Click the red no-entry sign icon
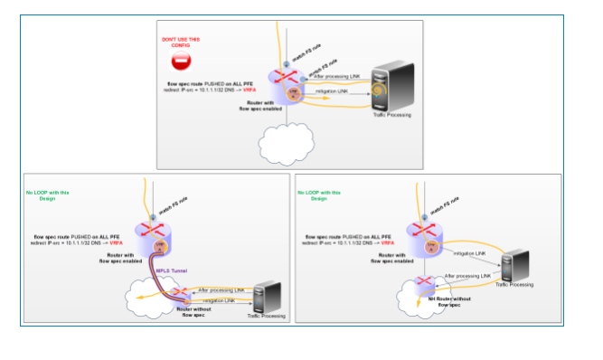[x=181, y=62]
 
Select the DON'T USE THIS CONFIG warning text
[x=181, y=43]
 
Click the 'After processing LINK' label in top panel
[x=335, y=77]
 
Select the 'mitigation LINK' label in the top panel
[x=333, y=91]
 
